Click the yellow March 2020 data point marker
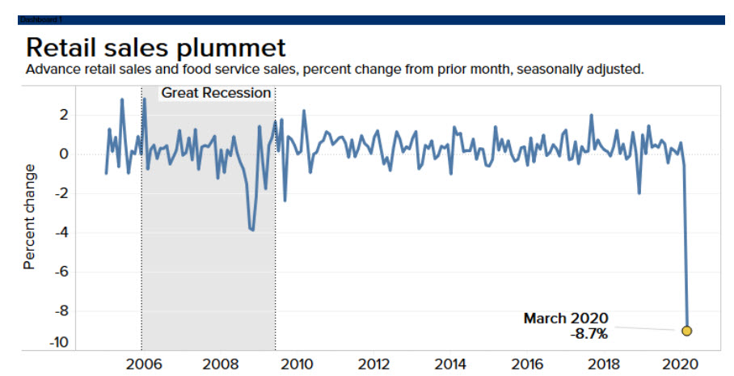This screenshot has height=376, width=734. point(687,330)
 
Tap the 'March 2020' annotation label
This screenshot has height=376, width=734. point(565,318)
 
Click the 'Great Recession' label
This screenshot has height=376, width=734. point(216,93)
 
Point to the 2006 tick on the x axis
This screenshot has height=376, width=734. point(141,363)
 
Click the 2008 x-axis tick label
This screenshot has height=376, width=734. point(219,363)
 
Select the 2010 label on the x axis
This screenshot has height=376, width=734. point(297,363)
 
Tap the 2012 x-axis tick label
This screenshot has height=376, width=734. point(374,363)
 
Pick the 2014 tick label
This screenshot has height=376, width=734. point(451,363)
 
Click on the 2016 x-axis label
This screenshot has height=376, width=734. point(528,363)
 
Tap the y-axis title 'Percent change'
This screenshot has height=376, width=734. point(30,216)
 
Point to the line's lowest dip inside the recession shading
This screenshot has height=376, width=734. point(252,230)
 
